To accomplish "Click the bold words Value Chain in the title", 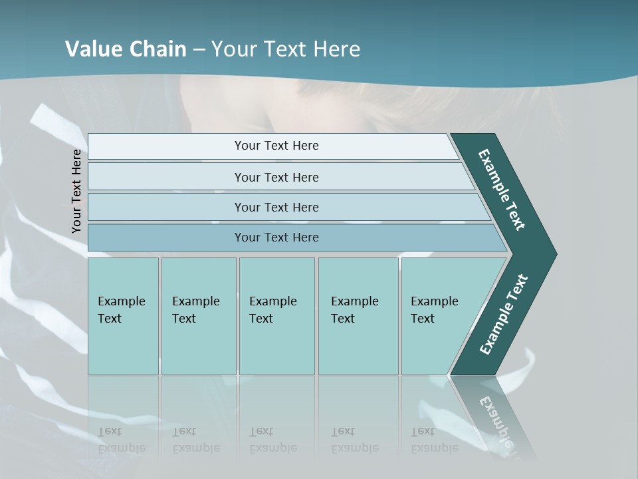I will click(x=126, y=49).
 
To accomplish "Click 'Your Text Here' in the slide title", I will click(x=286, y=49).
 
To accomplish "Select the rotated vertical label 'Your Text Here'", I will click(x=77, y=191).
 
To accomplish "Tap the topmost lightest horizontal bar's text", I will click(x=276, y=146).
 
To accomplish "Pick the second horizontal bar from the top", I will click(x=276, y=177).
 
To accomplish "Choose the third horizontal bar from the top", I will click(x=276, y=207).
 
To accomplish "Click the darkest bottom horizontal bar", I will click(x=276, y=238).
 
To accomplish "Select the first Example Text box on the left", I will click(x=123, y=316).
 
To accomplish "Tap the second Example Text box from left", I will click(x=198, y=316).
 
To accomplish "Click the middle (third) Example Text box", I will click(x=276, y=316).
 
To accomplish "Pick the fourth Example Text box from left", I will click(x=358, y=316).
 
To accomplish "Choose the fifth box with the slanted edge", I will click(x=439, y=316).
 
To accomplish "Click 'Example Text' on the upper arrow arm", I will click(x=502, y=190).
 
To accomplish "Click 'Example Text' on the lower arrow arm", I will click(x=504, y=314).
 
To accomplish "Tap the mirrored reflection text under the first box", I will click(x=122, y=440).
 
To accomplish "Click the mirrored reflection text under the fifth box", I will click(x=435, y=440).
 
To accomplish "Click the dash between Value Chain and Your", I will click(x=199, y=49).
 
